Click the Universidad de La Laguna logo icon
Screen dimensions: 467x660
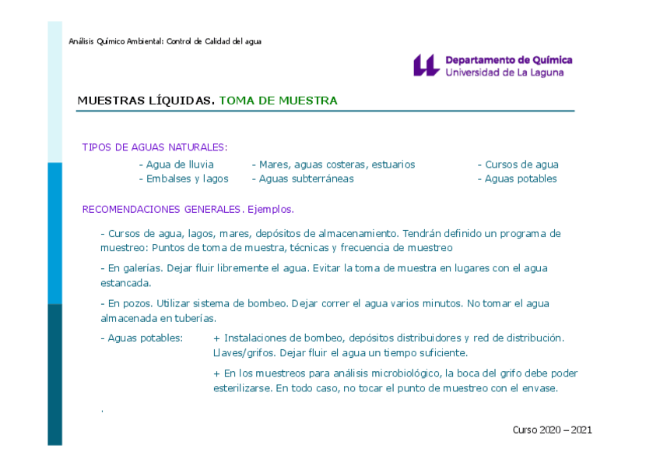pyautogui.click(x=426, y=65)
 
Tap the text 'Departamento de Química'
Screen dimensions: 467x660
pyautogui.click(x=508, y=60)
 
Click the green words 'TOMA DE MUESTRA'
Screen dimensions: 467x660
pyautogui.click(x=278, y=101)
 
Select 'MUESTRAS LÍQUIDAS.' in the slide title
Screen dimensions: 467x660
pyautogui.click(x=146, y=101)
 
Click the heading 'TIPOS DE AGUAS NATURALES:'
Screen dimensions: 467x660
pyautogui.click(x=154, y=147)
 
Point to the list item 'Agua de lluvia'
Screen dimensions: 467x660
pyautogui.click(x=179, y=165)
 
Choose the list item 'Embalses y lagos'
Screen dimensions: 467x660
pyautogui.click(x=187, y=179)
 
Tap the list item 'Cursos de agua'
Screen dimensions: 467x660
pyautogui.click(x=521, y=165)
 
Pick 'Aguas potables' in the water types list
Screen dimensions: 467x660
pyautogui.click(x=520, y=179)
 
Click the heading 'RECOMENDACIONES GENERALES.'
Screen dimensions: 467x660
pyautogui.click(x=163, y=209)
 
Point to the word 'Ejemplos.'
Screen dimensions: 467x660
pyautogui.click(x=270, y=209)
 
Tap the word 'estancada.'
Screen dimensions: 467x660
pyautogui.click(x=125, y=283)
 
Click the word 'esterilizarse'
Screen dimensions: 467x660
pyautogui.click(x=243, y=387)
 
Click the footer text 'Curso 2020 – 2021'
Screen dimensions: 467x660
pyautogui.click(x=552, y=430)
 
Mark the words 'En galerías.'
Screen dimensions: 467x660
pyautogui.click(x=135, y=268)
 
